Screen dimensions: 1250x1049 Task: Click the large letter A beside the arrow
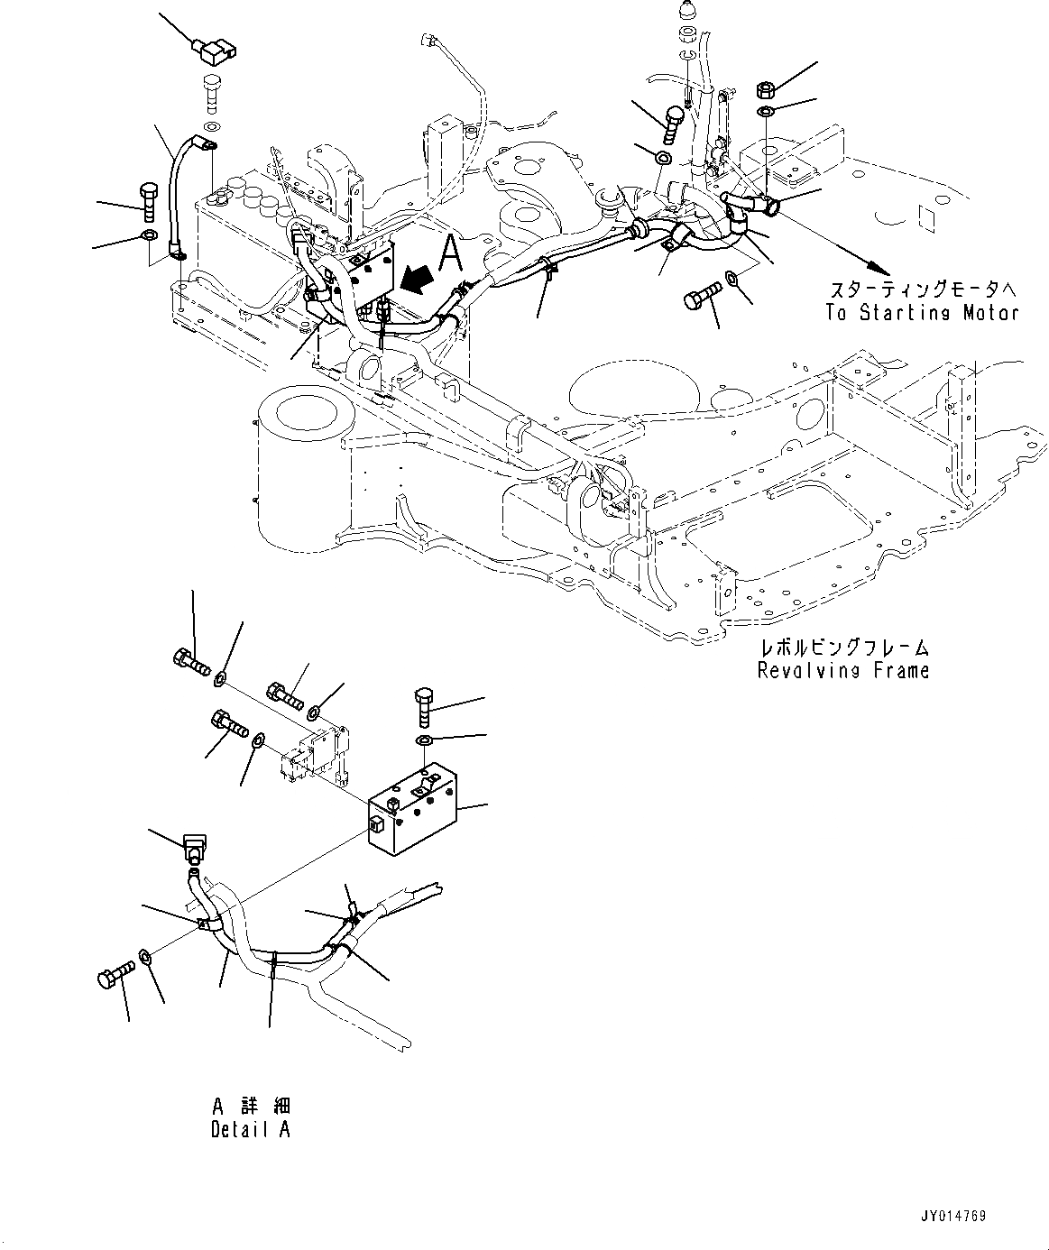[450, 253]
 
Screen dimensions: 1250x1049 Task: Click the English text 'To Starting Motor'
[921, 313]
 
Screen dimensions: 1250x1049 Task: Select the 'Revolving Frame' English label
[842, 670]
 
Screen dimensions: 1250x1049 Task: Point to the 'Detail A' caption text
[251, 1129]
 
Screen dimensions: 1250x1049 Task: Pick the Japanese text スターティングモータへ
[923, 290]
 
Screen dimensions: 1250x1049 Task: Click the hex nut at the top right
[764, 90]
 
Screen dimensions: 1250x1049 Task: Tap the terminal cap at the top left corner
[208, 51]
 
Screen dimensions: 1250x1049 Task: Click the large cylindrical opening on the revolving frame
[302, 413]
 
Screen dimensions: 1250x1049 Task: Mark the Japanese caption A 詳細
[252, 1107]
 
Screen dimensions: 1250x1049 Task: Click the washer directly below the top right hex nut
[765, 112]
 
